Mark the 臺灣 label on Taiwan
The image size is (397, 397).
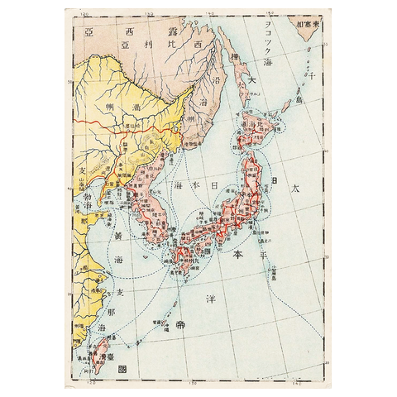94,358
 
